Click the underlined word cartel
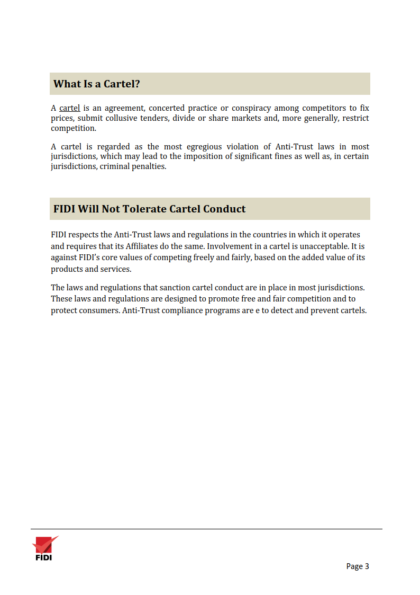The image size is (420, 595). click(69, 109)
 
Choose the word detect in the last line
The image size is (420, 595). click(283, 310)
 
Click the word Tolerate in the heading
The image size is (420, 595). click(144, 209)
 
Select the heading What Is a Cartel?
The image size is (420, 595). click(97, 84)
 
